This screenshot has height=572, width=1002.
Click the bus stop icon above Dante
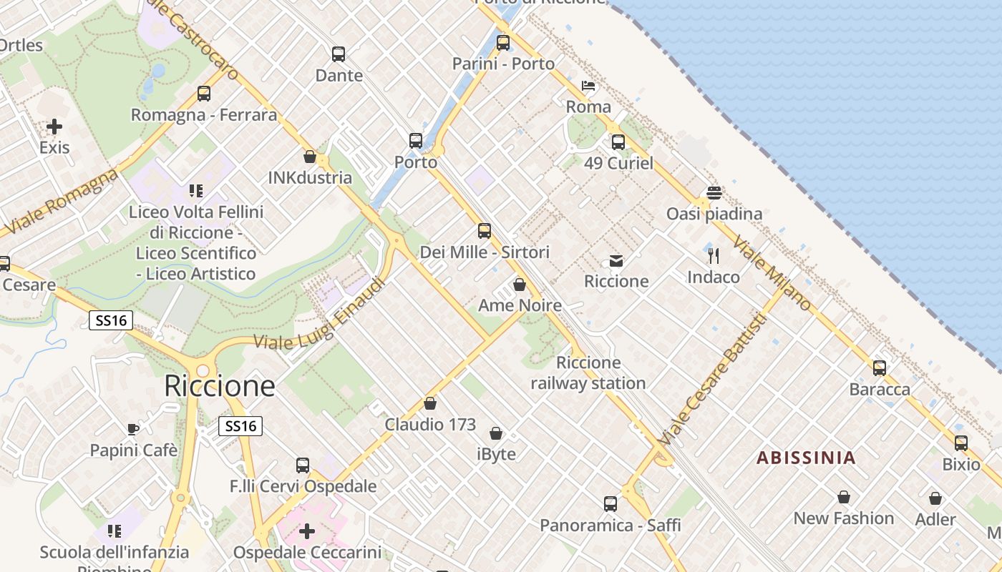tap(339, 54)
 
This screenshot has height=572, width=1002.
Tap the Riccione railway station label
tap(588, 373)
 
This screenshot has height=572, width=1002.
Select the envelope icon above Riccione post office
tap(616, 261)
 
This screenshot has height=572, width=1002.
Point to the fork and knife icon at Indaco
tap(714, 256)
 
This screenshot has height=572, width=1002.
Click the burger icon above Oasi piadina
tap(714, 193)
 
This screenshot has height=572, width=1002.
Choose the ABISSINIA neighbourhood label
tap(806, 458)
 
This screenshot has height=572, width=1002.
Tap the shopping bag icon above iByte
tap(496, 433)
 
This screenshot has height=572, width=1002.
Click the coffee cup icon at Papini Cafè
tap(132, 429)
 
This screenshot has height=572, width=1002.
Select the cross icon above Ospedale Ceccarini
tap(307, 531)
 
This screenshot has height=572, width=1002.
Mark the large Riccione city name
tap(219, 386)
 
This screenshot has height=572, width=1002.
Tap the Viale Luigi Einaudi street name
tap(319, 315)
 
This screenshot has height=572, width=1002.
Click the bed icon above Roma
tap(588, 87)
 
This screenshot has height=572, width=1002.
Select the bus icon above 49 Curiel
tap(618, 142)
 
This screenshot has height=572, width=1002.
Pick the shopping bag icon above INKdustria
tap(310, 157)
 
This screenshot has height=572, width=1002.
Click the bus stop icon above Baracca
tap(880, 368)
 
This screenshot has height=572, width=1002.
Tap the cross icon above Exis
tap(54, 127)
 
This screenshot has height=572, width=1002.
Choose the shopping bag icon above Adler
tap(935, 498)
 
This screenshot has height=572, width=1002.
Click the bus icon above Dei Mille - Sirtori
tap(485, 231)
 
